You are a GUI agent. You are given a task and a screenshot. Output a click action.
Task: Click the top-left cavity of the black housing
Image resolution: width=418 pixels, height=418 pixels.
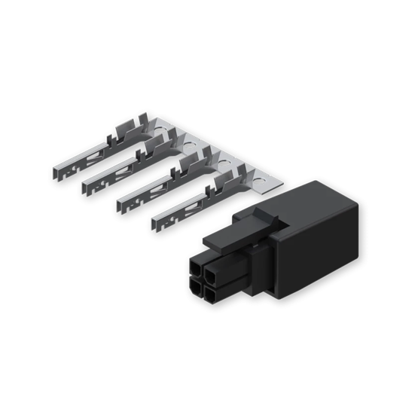[x=198, y=267]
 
